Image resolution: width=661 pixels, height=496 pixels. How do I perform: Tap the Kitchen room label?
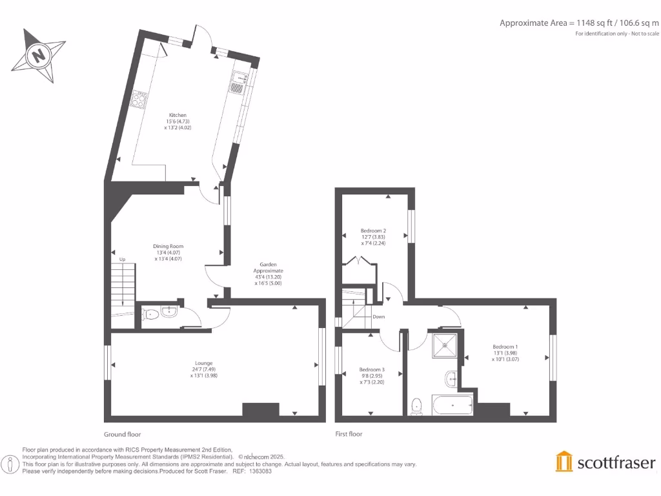pos(178,121)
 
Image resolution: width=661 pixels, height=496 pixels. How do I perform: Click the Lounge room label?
pos(204,369)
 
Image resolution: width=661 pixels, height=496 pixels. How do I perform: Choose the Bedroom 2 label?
pos(373,236)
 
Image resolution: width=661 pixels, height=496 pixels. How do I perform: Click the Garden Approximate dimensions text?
pos(269,274)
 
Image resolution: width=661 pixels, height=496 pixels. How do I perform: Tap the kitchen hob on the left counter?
pos(139,99)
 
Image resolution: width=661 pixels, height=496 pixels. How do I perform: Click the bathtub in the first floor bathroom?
pos(453,406)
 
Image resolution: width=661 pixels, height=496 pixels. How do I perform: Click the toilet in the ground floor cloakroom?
pos(151,315)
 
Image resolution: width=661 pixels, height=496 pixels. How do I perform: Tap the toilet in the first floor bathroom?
pos(417,406)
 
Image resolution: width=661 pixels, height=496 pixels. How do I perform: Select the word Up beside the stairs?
pos(122,259)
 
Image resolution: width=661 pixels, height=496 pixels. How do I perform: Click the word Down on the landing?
pos(379,316)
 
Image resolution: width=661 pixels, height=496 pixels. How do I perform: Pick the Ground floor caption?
pos(122,435)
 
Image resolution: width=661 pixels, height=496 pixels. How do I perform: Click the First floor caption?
pos(349,435)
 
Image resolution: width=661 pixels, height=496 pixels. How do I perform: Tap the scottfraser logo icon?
pos(564,461)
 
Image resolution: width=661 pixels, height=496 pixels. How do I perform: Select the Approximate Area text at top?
pos(580,23)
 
